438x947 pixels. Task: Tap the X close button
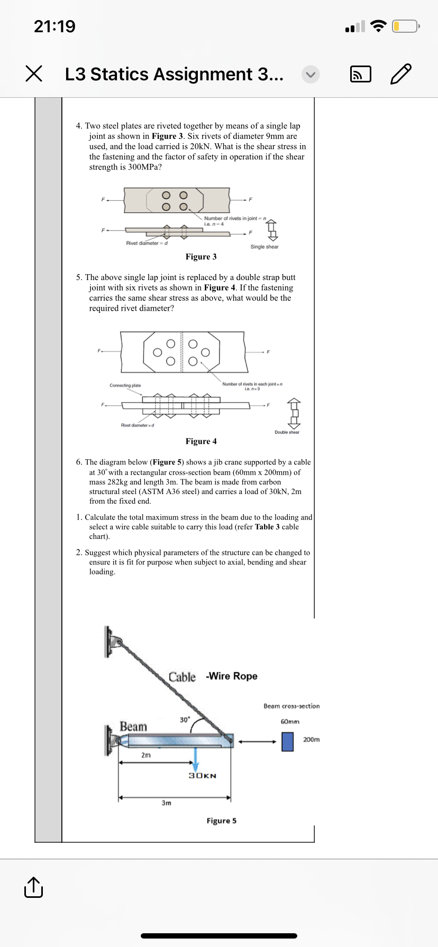(x=34, y=74)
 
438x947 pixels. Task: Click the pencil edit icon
(x=400, y=74)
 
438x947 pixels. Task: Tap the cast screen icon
(x=361, y=75)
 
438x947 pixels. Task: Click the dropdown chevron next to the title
(x=311, y=75)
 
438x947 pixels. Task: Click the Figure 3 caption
(x=201, y=257)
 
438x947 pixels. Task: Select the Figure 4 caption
(x=201, y=441)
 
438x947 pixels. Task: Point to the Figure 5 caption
(x=221, y=821)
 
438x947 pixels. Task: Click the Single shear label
(x=264, y=247)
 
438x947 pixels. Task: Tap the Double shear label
(x=287, y=432)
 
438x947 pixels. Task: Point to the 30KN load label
(x=203, y=776)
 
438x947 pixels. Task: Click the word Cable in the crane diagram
(x=182, y=677)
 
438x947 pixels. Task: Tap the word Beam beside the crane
(x=133, y=727)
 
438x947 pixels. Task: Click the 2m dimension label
(x=146, y=755)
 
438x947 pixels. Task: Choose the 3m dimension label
(x=166, y=803)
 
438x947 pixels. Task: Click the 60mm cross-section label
(x=290, y=721)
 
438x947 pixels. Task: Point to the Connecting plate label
(x=125, y=385)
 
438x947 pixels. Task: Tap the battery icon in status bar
(x=405, y=26)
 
